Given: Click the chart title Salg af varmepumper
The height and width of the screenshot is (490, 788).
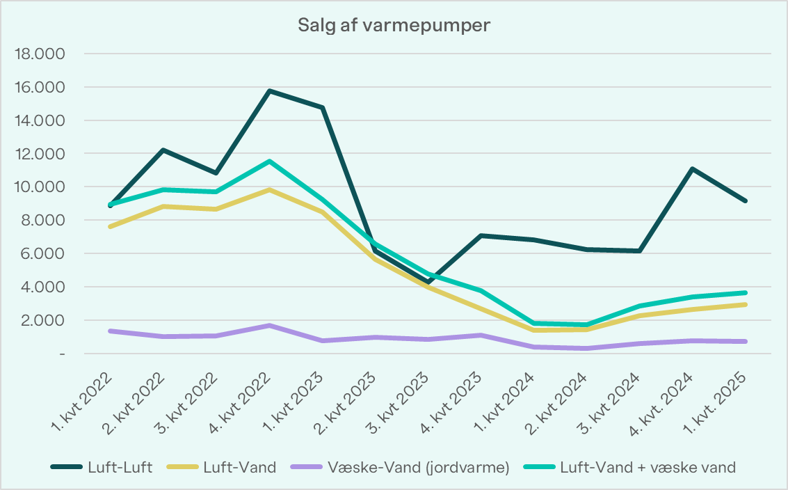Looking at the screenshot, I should [x=394, y=26].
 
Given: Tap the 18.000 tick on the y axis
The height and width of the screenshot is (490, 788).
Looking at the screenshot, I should [x=44, y=54].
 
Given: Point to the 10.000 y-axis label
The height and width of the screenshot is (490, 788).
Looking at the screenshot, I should [x=44, y=187].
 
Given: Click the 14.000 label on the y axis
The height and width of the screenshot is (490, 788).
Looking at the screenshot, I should [x=44, y=121].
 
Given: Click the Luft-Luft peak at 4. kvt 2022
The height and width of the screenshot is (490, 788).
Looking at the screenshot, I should [x=270, y=90].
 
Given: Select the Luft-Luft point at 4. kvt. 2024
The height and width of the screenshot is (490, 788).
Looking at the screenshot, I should [x=693, y=169].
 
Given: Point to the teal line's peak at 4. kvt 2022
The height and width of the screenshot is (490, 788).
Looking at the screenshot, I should [x=270, y=161].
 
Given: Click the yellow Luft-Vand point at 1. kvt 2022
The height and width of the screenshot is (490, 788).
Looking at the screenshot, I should [x=111, y=227].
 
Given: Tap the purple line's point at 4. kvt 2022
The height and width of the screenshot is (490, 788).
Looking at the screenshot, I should [x=270, y=326].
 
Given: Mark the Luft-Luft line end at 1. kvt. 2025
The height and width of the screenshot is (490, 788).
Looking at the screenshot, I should [x=746, y=201].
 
